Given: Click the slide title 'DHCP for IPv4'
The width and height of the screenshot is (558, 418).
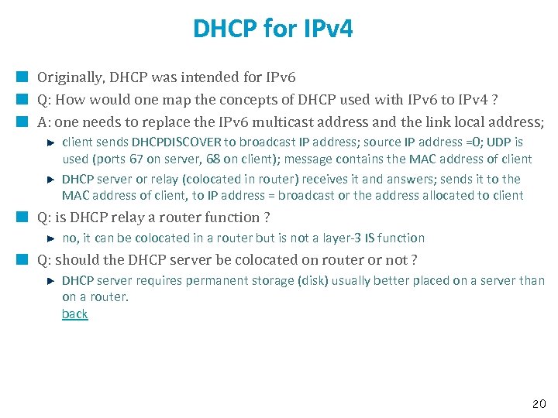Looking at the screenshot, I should (273, 29).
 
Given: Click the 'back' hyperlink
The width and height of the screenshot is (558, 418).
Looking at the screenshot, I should (74, 314).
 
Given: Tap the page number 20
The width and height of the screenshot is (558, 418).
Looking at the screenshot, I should (539, 404).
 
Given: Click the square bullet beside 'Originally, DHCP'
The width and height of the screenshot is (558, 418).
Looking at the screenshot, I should (23, 77).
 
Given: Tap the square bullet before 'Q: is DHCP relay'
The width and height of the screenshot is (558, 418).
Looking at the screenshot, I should (23, 218).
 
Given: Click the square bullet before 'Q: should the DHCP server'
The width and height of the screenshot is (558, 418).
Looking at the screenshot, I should (23, 260).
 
